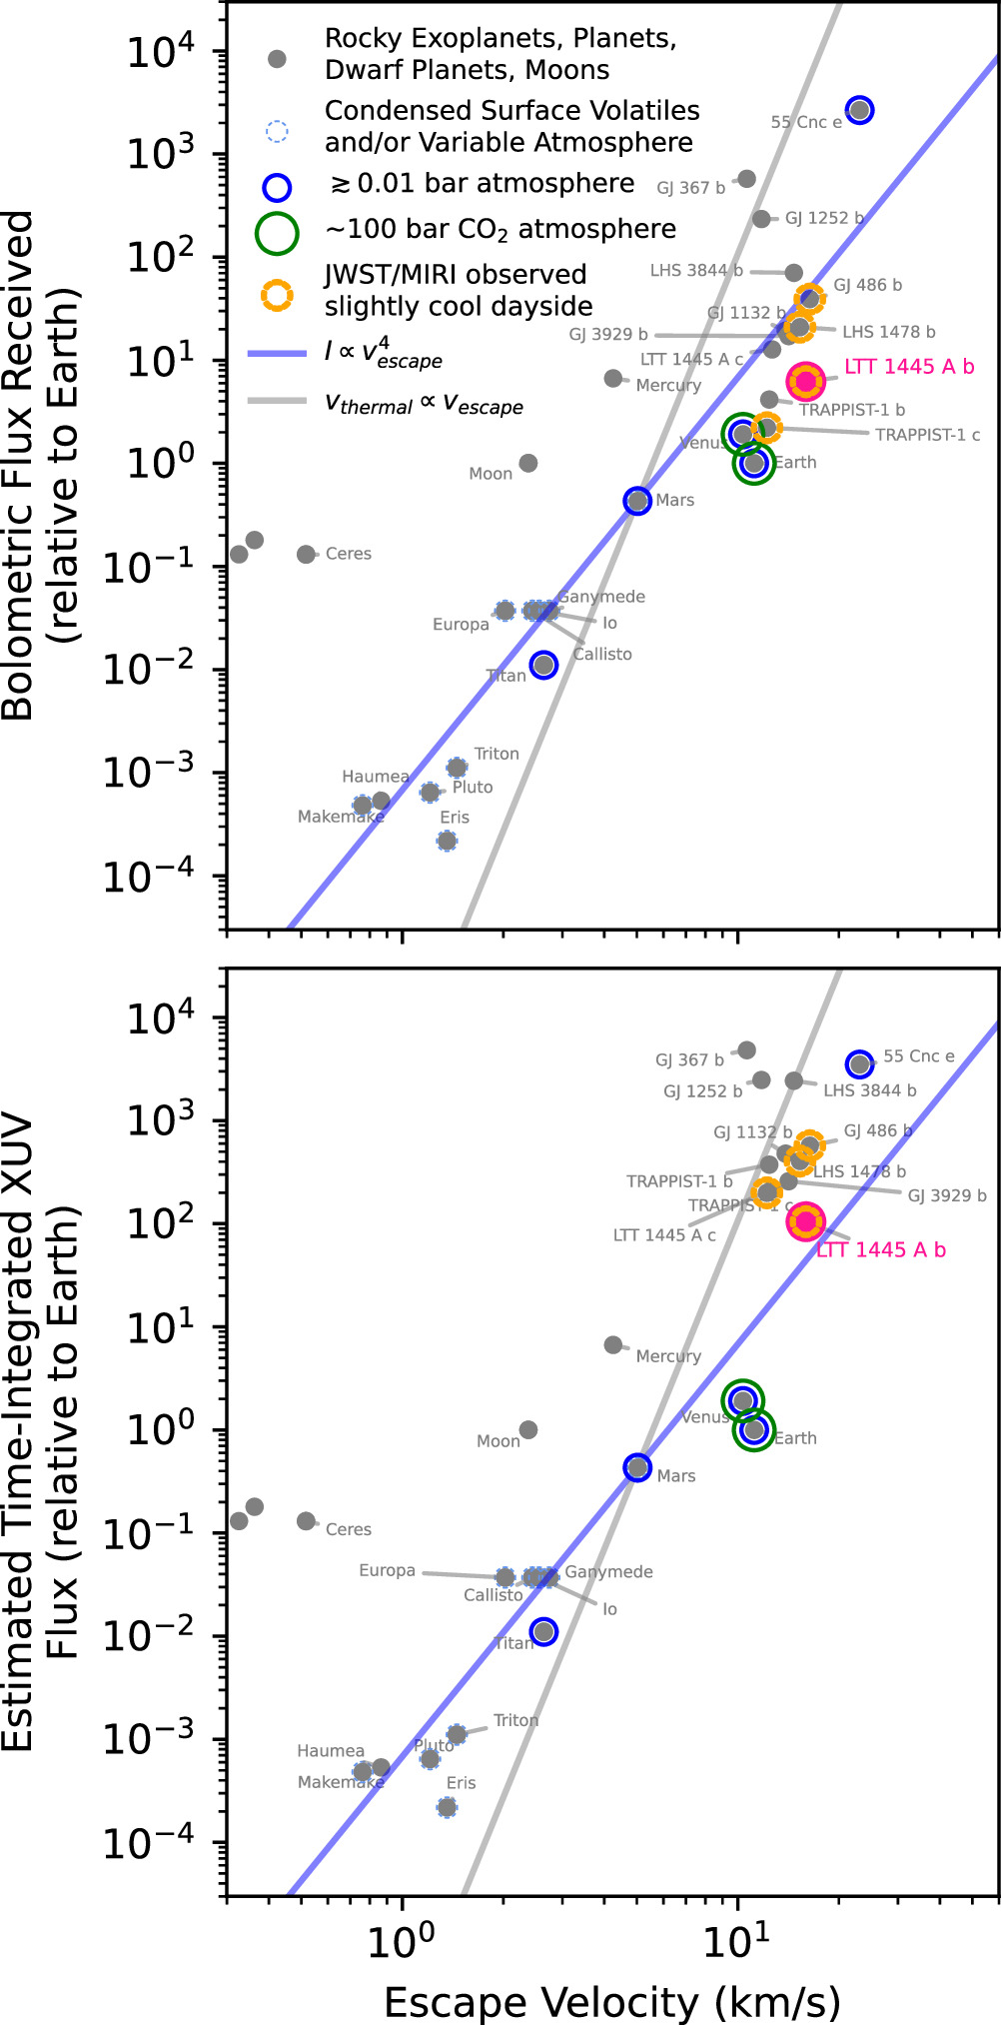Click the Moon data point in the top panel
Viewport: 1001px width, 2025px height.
coord(528,463)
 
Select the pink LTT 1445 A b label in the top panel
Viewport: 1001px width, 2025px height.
coord(909,367)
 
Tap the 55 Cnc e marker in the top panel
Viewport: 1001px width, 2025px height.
coord(859,110)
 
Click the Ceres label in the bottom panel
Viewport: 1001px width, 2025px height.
coord(348,1529)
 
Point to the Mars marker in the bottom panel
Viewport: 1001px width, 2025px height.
coord(637,1467)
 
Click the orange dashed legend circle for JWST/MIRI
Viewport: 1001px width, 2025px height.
coord(278,293)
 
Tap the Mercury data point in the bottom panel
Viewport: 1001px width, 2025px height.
coord(613,1345)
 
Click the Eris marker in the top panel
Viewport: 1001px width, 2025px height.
coord(447,841)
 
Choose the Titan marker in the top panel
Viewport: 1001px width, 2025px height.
coord(543,665)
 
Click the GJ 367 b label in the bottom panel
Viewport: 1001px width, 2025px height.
coord(689,1059)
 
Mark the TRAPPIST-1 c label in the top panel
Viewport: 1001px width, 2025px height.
coord(927,435)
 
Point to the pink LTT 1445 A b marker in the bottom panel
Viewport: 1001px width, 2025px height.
coord(805,1220)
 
